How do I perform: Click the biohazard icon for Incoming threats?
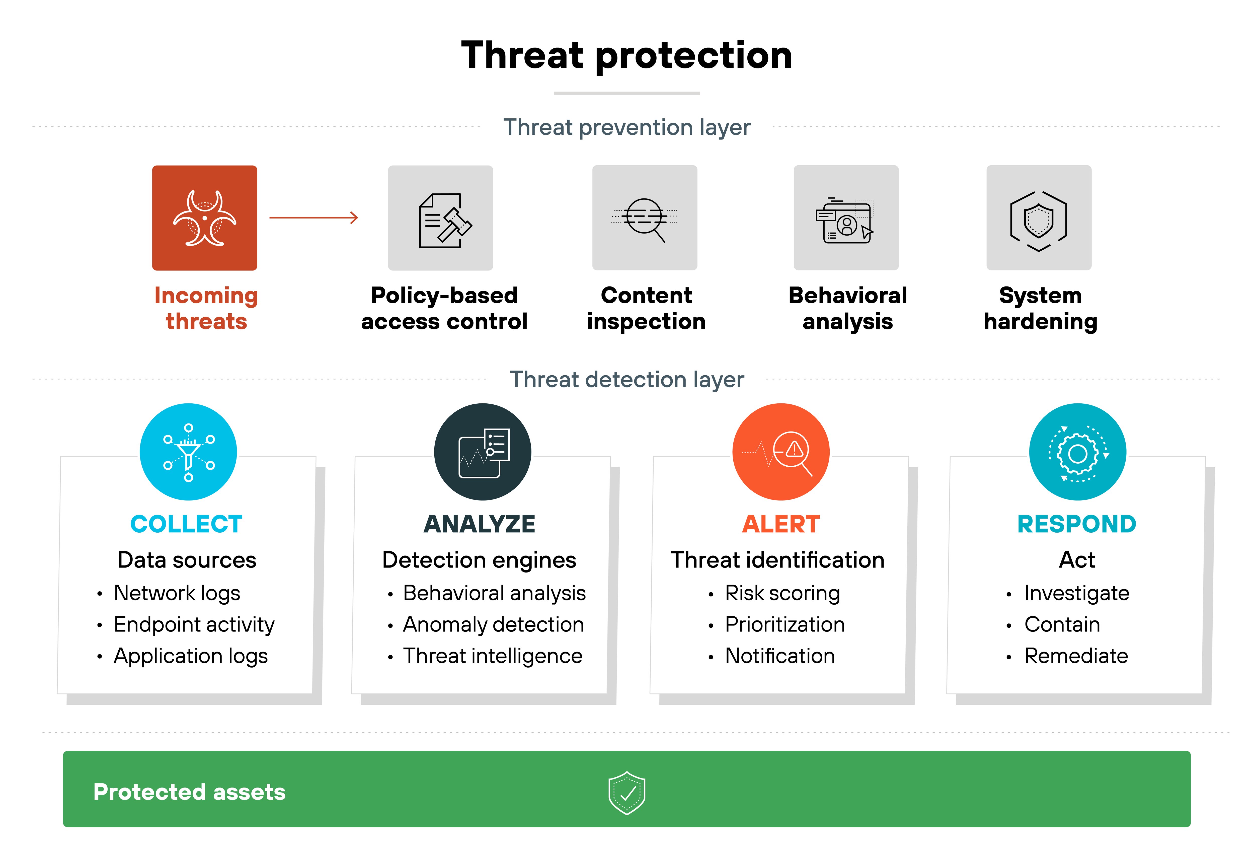click(204, 218)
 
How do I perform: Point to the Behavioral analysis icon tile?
click(846, 218)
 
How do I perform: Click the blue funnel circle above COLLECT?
click(188, 452)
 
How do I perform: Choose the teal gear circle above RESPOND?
click(1077, 452)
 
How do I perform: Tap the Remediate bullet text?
click(1076, 656)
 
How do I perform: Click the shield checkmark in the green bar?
click(627, 792)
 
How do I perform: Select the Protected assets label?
click(189, 792)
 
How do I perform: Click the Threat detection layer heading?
click(627, 379)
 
